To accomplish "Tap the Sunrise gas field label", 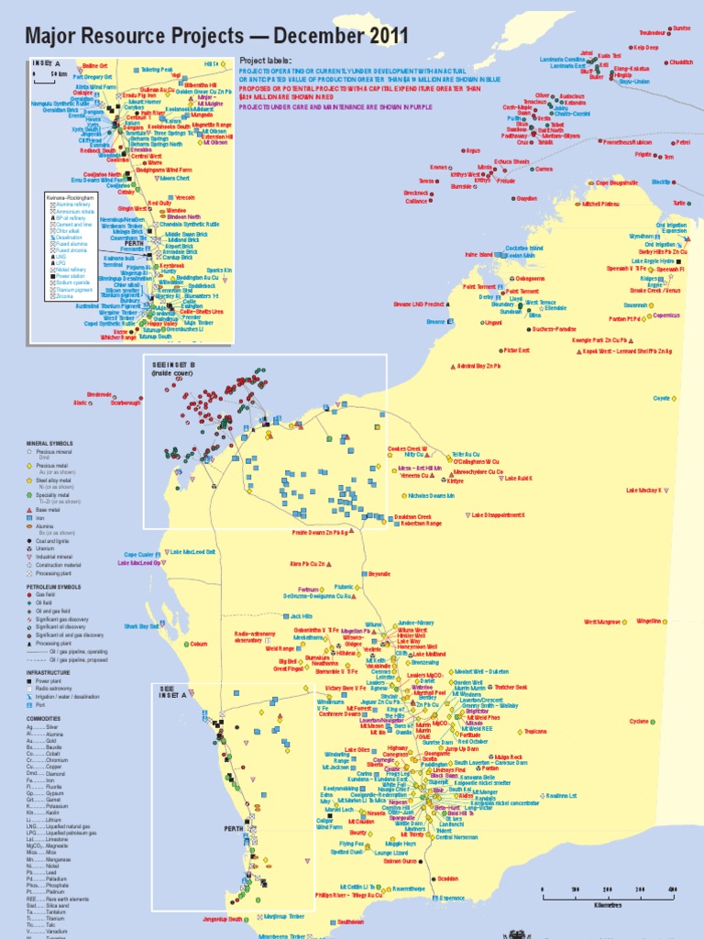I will coord(682,28).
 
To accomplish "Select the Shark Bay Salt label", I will coord(142,627).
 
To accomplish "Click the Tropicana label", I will coord(534,732).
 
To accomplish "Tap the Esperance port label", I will coord(454,898).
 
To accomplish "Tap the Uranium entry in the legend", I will coord(47,549).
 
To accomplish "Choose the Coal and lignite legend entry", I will coord(55,541).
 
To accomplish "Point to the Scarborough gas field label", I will coord(126,403).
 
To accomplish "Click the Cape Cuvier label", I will coord(139,554).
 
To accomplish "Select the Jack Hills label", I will coord(303,617).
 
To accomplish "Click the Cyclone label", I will coord(643,722).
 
